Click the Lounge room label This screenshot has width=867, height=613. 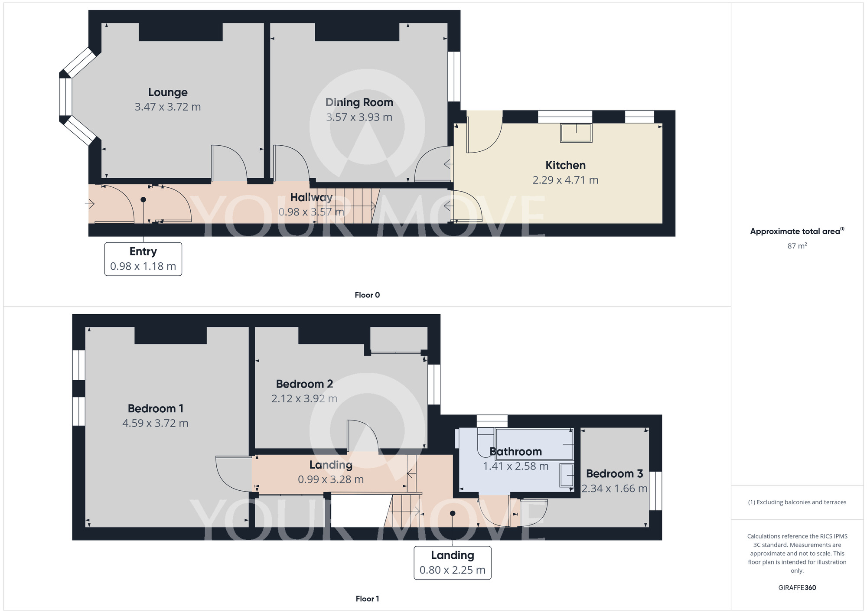168,92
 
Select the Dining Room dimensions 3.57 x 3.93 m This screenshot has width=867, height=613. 359,117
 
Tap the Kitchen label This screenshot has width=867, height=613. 565,165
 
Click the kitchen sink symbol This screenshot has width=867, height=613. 576,133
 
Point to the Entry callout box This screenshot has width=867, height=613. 143,259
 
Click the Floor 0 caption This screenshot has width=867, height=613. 367,295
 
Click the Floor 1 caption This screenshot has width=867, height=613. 367,599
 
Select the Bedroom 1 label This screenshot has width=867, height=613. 156,408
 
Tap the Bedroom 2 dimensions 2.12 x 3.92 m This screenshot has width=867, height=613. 304,398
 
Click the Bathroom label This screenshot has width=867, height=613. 515,452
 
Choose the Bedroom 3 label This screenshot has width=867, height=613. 614,474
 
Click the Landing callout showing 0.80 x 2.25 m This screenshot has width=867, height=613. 452,563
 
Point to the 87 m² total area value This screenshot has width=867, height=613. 797,246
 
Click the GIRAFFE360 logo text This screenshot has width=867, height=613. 797,588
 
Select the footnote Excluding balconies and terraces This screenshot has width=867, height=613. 797,502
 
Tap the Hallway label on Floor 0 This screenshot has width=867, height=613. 311,198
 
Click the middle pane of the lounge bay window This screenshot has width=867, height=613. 65,97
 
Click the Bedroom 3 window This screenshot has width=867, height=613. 655,491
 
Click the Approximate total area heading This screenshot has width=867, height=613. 797,231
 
